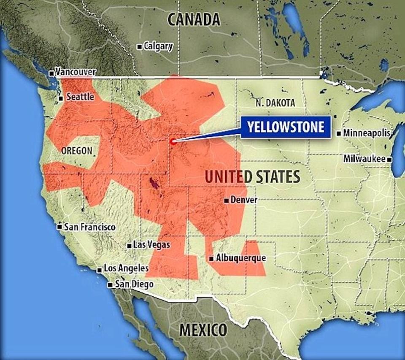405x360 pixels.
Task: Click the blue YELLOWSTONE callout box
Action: [285, 127]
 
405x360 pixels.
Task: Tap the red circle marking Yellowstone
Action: [173, 142]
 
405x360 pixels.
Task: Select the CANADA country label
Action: [194, 19]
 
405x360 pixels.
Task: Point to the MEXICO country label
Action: [203, 329]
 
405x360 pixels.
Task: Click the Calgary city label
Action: [158, 46]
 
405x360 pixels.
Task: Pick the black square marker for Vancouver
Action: [51, 73]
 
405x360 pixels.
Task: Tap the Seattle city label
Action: [80, 97]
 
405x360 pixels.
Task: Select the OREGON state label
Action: [76, 151]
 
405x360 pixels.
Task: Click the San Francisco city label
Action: [89, 227]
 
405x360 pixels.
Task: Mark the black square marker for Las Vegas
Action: [129, 245]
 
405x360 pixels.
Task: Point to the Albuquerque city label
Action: [240, 258]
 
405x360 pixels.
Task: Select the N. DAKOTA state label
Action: [275, 103]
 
